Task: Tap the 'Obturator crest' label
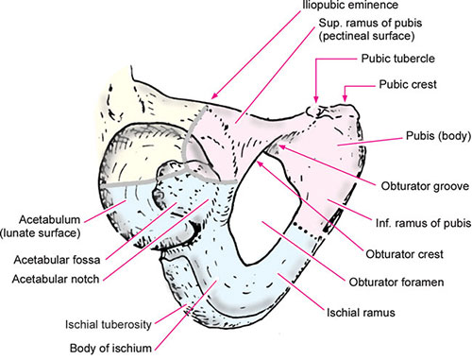click(x=399, y=280)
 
